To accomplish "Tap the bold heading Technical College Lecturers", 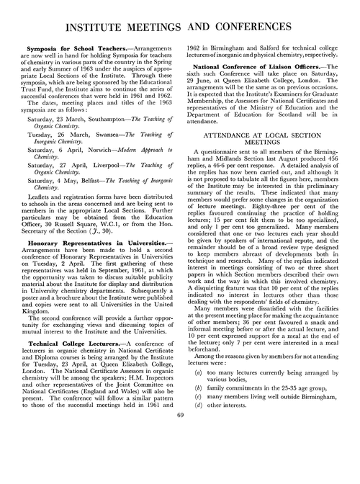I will (x=76, y=384).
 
